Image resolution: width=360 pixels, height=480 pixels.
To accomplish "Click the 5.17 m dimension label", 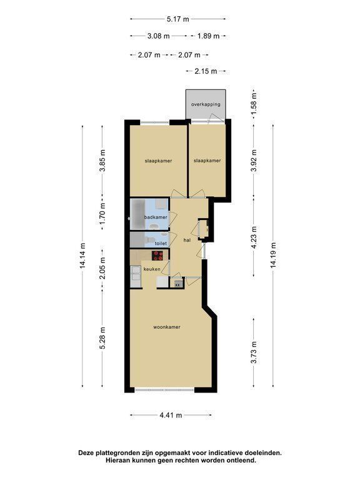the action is pos(178,19).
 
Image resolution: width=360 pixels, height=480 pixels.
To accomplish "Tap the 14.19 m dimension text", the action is pos(273,255).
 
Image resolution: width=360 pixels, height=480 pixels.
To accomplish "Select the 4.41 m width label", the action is pos(171,415).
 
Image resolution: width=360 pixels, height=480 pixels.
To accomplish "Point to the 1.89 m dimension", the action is pos(209,36).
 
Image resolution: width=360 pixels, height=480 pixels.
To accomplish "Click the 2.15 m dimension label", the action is pos(206,71).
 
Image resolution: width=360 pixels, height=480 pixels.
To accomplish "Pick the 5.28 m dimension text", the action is pos(102,338).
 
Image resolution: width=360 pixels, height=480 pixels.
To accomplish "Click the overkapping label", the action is pos(206,104).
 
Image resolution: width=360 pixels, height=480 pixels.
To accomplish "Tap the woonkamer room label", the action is pos(167,327).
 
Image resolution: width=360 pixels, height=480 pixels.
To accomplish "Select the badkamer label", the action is pos(156,217).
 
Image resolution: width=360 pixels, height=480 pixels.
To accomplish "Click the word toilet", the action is pos(161,243).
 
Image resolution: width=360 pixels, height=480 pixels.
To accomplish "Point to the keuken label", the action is pos(152,269).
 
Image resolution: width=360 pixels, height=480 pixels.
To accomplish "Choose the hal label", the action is pos(187,240).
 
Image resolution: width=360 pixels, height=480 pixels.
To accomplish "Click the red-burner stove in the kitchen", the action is pos(158,255).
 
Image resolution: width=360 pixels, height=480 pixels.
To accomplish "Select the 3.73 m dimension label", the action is pos(254,352).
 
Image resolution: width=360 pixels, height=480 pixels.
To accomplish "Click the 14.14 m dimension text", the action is pos(82,255).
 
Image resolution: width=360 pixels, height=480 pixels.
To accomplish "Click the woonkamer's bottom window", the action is pos(164,390).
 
